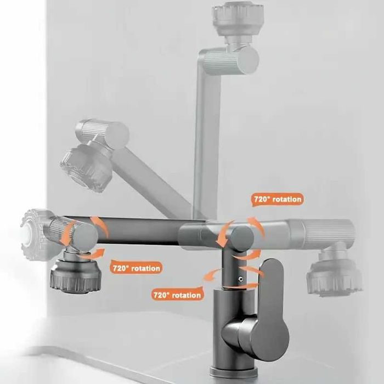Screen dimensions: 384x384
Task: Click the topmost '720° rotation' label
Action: coord(278,199)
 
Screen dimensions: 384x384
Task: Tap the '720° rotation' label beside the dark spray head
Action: coord(136,268)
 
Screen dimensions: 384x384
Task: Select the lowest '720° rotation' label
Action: coord(177,295)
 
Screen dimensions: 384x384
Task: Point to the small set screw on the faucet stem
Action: coord(241,279)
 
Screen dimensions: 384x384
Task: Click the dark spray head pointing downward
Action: coord(76,275)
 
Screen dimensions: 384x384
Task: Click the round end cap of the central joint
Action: coord(241,239)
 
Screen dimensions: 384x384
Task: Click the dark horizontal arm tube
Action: coord(142,231)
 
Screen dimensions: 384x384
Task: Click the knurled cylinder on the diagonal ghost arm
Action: coord(103,133)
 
